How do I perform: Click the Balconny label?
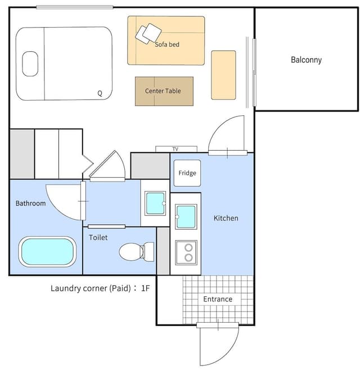pos(306,60)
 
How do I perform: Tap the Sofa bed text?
pos(167,44)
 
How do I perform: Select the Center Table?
pos(164,91)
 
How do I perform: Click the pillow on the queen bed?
pos(30,64)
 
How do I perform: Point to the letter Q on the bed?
pos(100,93)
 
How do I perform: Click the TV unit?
pos(176,149)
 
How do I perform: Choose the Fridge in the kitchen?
pos(187,173)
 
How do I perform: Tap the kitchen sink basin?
pos(186,216)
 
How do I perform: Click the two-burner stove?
pos(186,252)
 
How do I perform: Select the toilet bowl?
pos(137,252)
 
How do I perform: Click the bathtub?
pos(47,251)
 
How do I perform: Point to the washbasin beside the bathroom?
pos(155,203)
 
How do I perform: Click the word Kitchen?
pos(226,218)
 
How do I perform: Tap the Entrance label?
pos(218,299)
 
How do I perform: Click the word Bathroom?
pos(31,203)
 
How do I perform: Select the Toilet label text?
pos(98,237)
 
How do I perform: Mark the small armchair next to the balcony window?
pos(223,75)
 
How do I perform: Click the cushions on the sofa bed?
pos(148,34)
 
